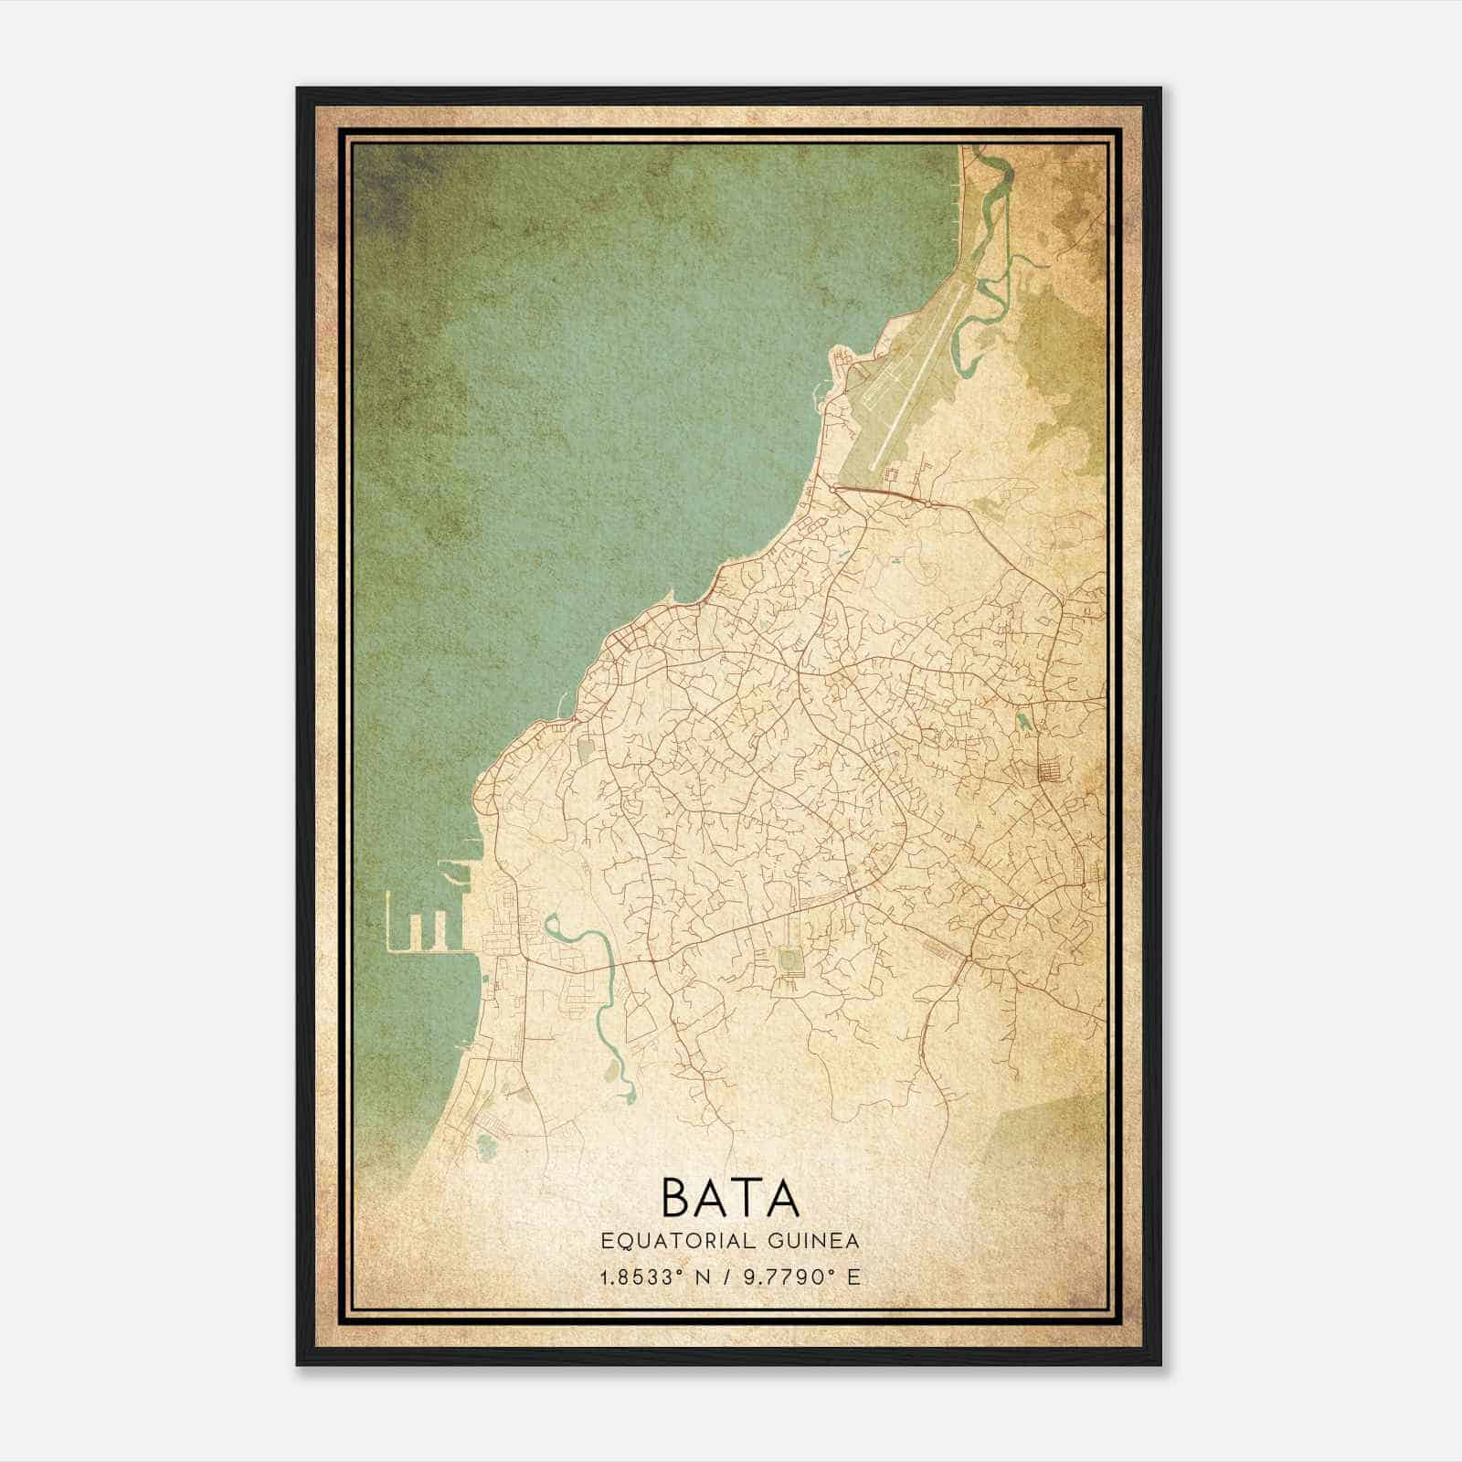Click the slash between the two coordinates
pos(729,1277)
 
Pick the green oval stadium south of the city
pos(787,959)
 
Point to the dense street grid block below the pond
pos(1048,772)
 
